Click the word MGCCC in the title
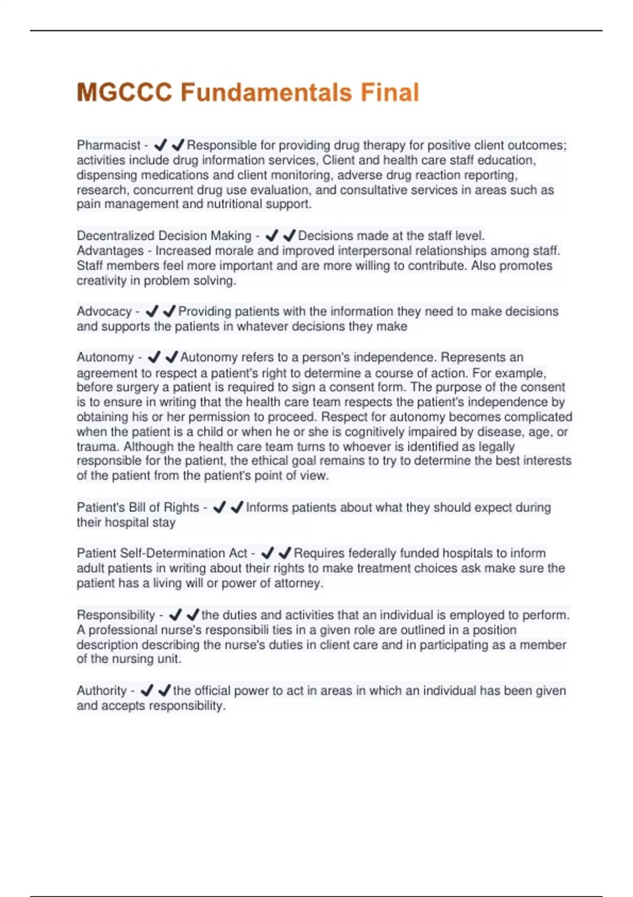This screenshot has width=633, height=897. pyautogui.click(x=124, y=92)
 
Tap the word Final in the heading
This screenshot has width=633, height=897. pyautogui.click(x=390, y=92)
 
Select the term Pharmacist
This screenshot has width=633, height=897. pyautogui.click(x=109, y=145)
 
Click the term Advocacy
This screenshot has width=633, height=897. pyautogui.click(x=104, y=311)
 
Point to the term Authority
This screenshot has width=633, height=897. pyautogui.click(x=102, y=691)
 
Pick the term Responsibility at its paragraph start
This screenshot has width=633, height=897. pyautogui.click(x=116, y=615)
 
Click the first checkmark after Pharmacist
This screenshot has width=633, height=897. pyautogui.click(x=160, y=145)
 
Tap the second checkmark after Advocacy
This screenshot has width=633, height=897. pyautogui.click(x=169, y=311)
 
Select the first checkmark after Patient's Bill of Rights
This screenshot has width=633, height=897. pyautogui.click(x=219, y=507)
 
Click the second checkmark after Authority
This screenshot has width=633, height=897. pyautogui.click(x=165, y=690)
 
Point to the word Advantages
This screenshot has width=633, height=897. pyautogui.click(x=110, y=251)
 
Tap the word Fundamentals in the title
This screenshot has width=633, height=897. pyautogui.click(x=266, y=92)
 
